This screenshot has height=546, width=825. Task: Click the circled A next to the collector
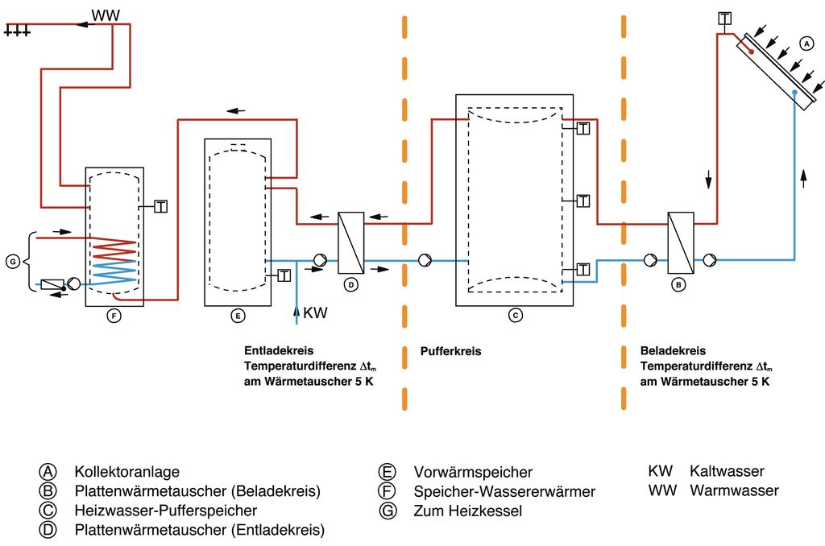[x=803, y=42]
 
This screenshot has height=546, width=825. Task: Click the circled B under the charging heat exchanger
[x=680, y=284]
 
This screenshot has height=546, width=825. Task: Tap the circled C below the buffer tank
[x=516, y=316]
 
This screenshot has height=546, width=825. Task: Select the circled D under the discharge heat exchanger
[x=350, y=284]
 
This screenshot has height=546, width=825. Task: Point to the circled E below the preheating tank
[x=238, y=316]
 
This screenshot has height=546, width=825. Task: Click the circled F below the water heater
[x=114, y=316]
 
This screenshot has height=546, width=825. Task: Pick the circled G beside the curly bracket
[x=13, y=262]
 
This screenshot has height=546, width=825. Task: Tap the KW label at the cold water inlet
[x=315, y=312]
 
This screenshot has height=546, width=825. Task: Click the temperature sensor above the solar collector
[x=725, y=18]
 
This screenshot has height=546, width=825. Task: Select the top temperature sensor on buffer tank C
[x=583, y=127]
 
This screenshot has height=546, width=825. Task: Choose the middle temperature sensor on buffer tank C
[x=583, y=200]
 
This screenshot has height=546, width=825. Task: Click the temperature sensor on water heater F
[x=160, y=206]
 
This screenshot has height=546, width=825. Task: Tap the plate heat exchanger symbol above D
[x=350, y=242]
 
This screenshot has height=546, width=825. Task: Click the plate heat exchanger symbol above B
[x=681, y=242]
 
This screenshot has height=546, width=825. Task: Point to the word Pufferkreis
[x=450, y=352]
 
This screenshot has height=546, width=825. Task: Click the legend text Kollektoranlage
[x=126, y=472]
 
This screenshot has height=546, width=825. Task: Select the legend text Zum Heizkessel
[x=467, y=511]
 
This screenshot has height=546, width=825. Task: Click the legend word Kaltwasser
[x=727, y=471]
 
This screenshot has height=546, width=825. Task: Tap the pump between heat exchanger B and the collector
[x=709, y=260]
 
